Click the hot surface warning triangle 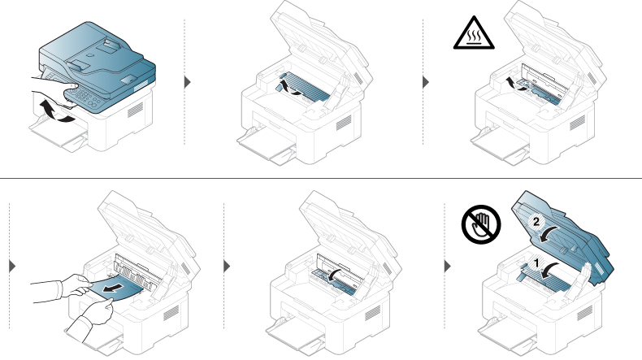pos(474,33)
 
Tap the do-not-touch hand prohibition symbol pos(481,224)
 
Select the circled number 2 pos(536,223)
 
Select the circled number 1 pos(536,263)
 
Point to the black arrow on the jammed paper pos(114,288)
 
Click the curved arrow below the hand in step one pos(57,113)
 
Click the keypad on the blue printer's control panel pos(85,98)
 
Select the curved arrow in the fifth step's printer pos(336,275)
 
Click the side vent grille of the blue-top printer pos(136,110)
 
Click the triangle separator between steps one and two pos(188,82)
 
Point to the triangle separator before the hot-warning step pos(426,82)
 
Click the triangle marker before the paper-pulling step pos(12,267)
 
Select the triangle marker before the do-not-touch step pos(448,267)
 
